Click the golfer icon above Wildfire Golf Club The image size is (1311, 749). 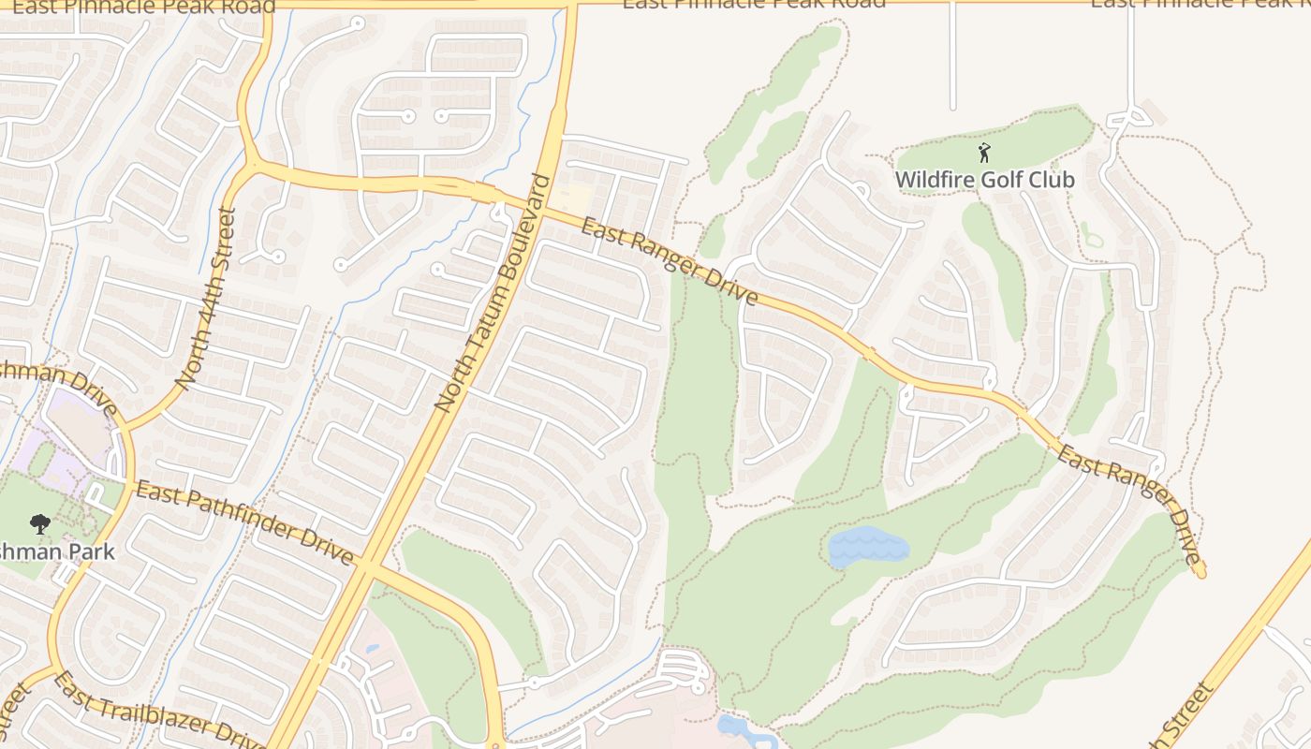[984, 153]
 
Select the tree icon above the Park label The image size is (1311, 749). [39, 523]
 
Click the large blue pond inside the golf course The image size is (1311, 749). [867, 546]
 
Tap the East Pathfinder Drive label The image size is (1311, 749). [244, 522]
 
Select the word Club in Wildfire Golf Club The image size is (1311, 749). [1051, 179]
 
